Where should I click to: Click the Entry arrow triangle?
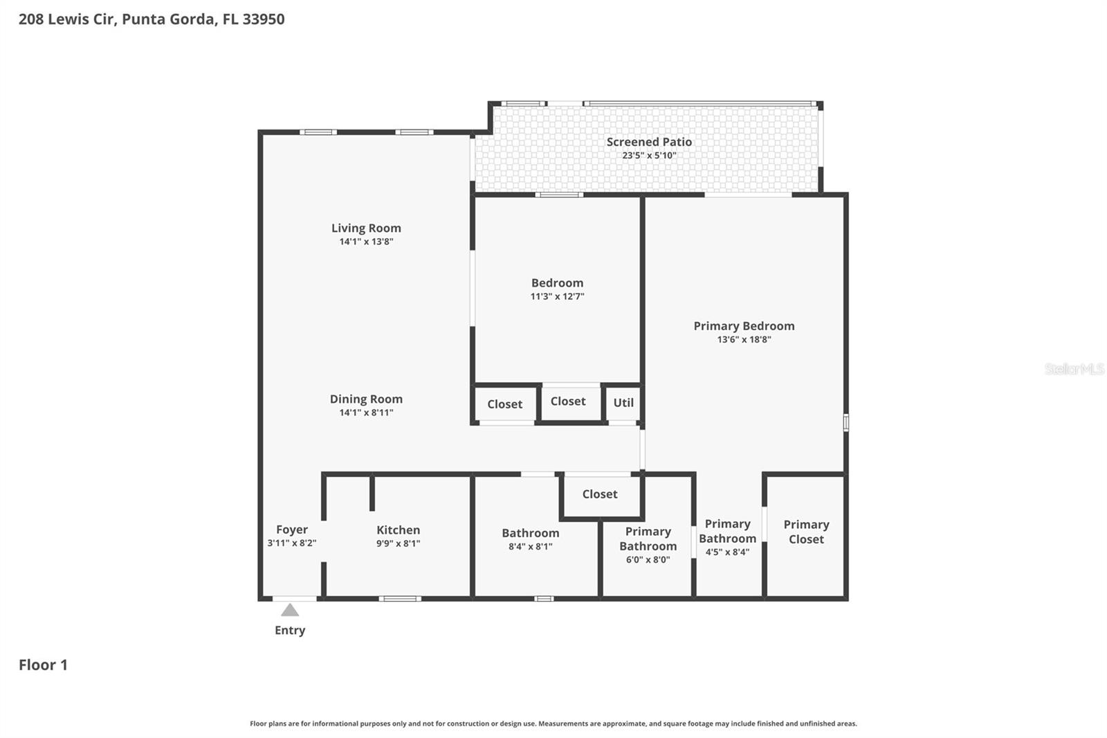tap(290, 610)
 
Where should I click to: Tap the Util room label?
tap(623, 402)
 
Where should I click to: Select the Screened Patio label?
tap(649, 142)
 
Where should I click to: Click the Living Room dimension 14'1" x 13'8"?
tap(366, 242)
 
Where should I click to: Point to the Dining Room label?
tap(366, 399)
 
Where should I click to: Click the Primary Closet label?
tap(806, 532)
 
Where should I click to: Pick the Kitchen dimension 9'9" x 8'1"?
tap(398, 543)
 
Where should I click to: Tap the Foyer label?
tap(291, 530)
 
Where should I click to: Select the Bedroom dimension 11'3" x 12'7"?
tap(557, 296)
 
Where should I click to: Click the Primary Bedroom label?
tap(744, 326)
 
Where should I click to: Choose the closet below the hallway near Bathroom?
tap(599, 494)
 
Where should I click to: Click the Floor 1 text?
tap(43, 665)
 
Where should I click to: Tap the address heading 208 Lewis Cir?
tap(151, 19)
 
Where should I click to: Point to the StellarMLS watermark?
tap(1074, 369)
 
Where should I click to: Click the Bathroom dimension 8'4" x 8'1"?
tap(530, 546)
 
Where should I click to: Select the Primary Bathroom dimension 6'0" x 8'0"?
tap(648, 559)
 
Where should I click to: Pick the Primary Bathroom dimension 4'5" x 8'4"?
tap(727, 552)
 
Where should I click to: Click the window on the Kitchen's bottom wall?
tap(400, 598)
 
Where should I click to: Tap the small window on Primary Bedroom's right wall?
tap(845, 422)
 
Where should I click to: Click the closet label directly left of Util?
tap(567, 401)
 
